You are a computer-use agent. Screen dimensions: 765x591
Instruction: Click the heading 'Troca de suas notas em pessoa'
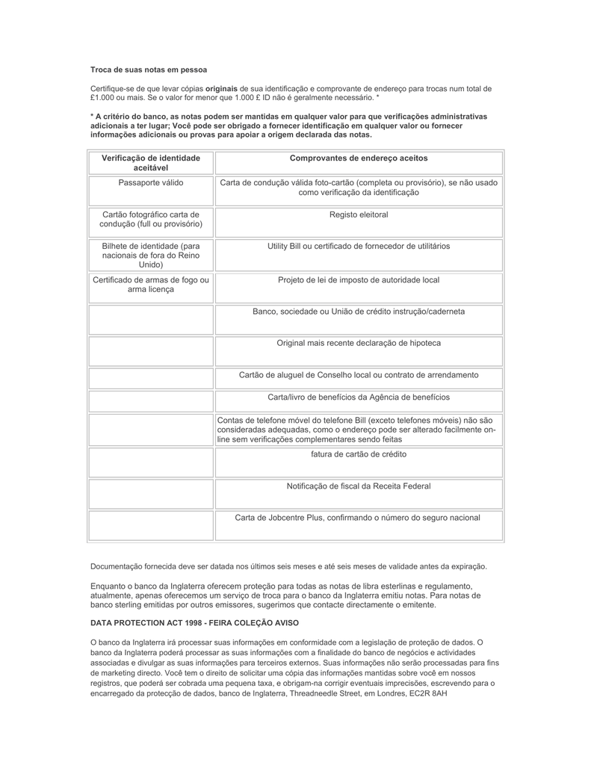pyautogui.click(x=149, y=69)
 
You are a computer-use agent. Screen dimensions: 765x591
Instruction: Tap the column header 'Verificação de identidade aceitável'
pyautogui.click(x=151, y=163)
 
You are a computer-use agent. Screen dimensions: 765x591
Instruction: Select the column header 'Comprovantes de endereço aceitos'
pyautogui.click(x=359, y=158)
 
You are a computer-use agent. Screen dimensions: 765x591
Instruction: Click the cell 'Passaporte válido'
pyautogui.click(x=151, y=182)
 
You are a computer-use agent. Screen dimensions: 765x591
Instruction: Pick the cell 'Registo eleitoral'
pyautogui.click(x=359, y=214)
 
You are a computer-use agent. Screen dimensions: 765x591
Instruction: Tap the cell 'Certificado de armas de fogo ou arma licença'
pyautogui.click(x=151, y=285)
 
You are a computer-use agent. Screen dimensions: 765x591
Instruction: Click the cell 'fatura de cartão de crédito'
pyautogui.click(x=359, y=454)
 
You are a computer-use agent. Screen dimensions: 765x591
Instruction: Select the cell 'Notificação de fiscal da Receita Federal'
pyautogui.click(x=359, y=486)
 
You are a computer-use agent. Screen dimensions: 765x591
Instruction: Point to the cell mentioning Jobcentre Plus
pyautogui.click(x=358, y=518)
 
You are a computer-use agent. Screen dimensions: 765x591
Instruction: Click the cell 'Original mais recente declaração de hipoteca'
pyautogui.click(x=359, y=343)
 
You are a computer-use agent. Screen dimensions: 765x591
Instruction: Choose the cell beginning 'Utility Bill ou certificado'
pyautogui.click(x=359, y=246)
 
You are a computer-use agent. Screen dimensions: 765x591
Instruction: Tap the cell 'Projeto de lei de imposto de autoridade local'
pyautogui.click(x=359, y=280)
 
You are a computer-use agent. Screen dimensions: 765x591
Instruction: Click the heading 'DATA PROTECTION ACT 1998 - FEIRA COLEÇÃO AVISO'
pyautogui.click(x=194, y=622)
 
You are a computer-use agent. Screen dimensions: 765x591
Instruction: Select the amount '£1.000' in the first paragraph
pyautogui.click(x=102, y=97)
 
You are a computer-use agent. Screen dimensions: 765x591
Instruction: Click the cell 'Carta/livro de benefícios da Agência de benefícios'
pyautogui.click(x=359, y=397)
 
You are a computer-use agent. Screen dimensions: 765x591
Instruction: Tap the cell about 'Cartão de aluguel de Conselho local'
pyautogui.click(x=359, y=375)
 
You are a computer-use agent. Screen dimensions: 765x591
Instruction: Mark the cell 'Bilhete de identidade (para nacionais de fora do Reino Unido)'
pyautogui.click(x=151, y=255)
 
